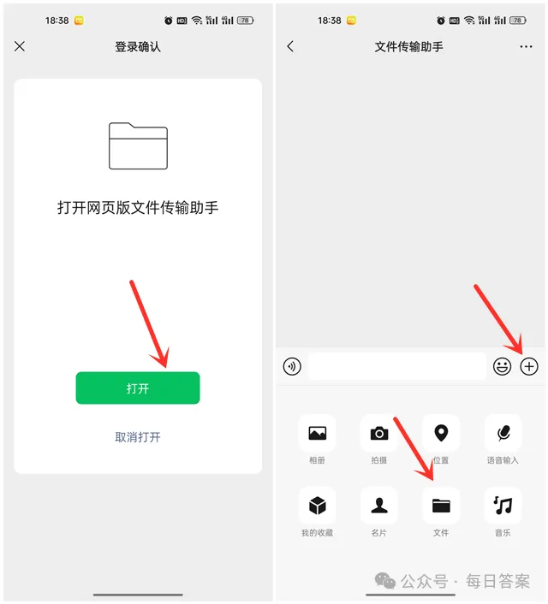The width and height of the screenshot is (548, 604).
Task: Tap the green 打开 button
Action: pos(138,388)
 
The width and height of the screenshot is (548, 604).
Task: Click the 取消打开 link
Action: pos(138,437)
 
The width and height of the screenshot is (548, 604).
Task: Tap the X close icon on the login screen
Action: pos(20,46)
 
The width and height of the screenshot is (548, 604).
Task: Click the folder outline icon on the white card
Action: pos(138,145)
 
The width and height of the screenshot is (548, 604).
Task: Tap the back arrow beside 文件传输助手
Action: pos(290,46)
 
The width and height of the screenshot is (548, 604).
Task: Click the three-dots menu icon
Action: pos(526,46)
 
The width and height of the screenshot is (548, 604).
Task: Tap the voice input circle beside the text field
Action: pos(292,366)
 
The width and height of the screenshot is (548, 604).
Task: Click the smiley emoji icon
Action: pos(502,366)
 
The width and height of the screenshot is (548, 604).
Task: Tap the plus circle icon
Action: pos(529,366)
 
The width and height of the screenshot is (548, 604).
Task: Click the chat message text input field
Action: pos(397,366)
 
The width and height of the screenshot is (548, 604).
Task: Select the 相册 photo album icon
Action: pos(318,433)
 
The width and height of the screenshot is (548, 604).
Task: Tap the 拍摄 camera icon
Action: pos(379,433)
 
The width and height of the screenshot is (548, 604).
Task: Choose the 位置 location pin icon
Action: pos(441,433)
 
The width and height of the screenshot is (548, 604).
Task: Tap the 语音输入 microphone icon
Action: pos(503,433)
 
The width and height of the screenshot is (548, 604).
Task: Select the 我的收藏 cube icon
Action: pos(318,506)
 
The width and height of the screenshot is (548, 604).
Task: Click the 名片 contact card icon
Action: pos(379,506)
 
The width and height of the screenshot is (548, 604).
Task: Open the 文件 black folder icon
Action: pos(441,506)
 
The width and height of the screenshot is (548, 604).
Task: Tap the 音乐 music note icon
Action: pos(503,506)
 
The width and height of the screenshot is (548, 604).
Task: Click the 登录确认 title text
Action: pos(138,46)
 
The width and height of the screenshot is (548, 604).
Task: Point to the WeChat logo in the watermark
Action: pos(385,581)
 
